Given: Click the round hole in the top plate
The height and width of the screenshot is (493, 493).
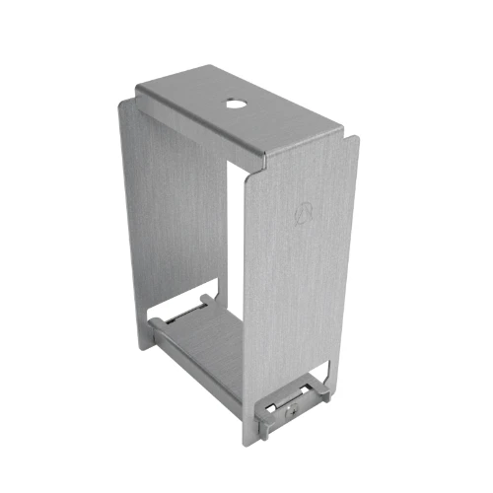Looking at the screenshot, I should [236, 102].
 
